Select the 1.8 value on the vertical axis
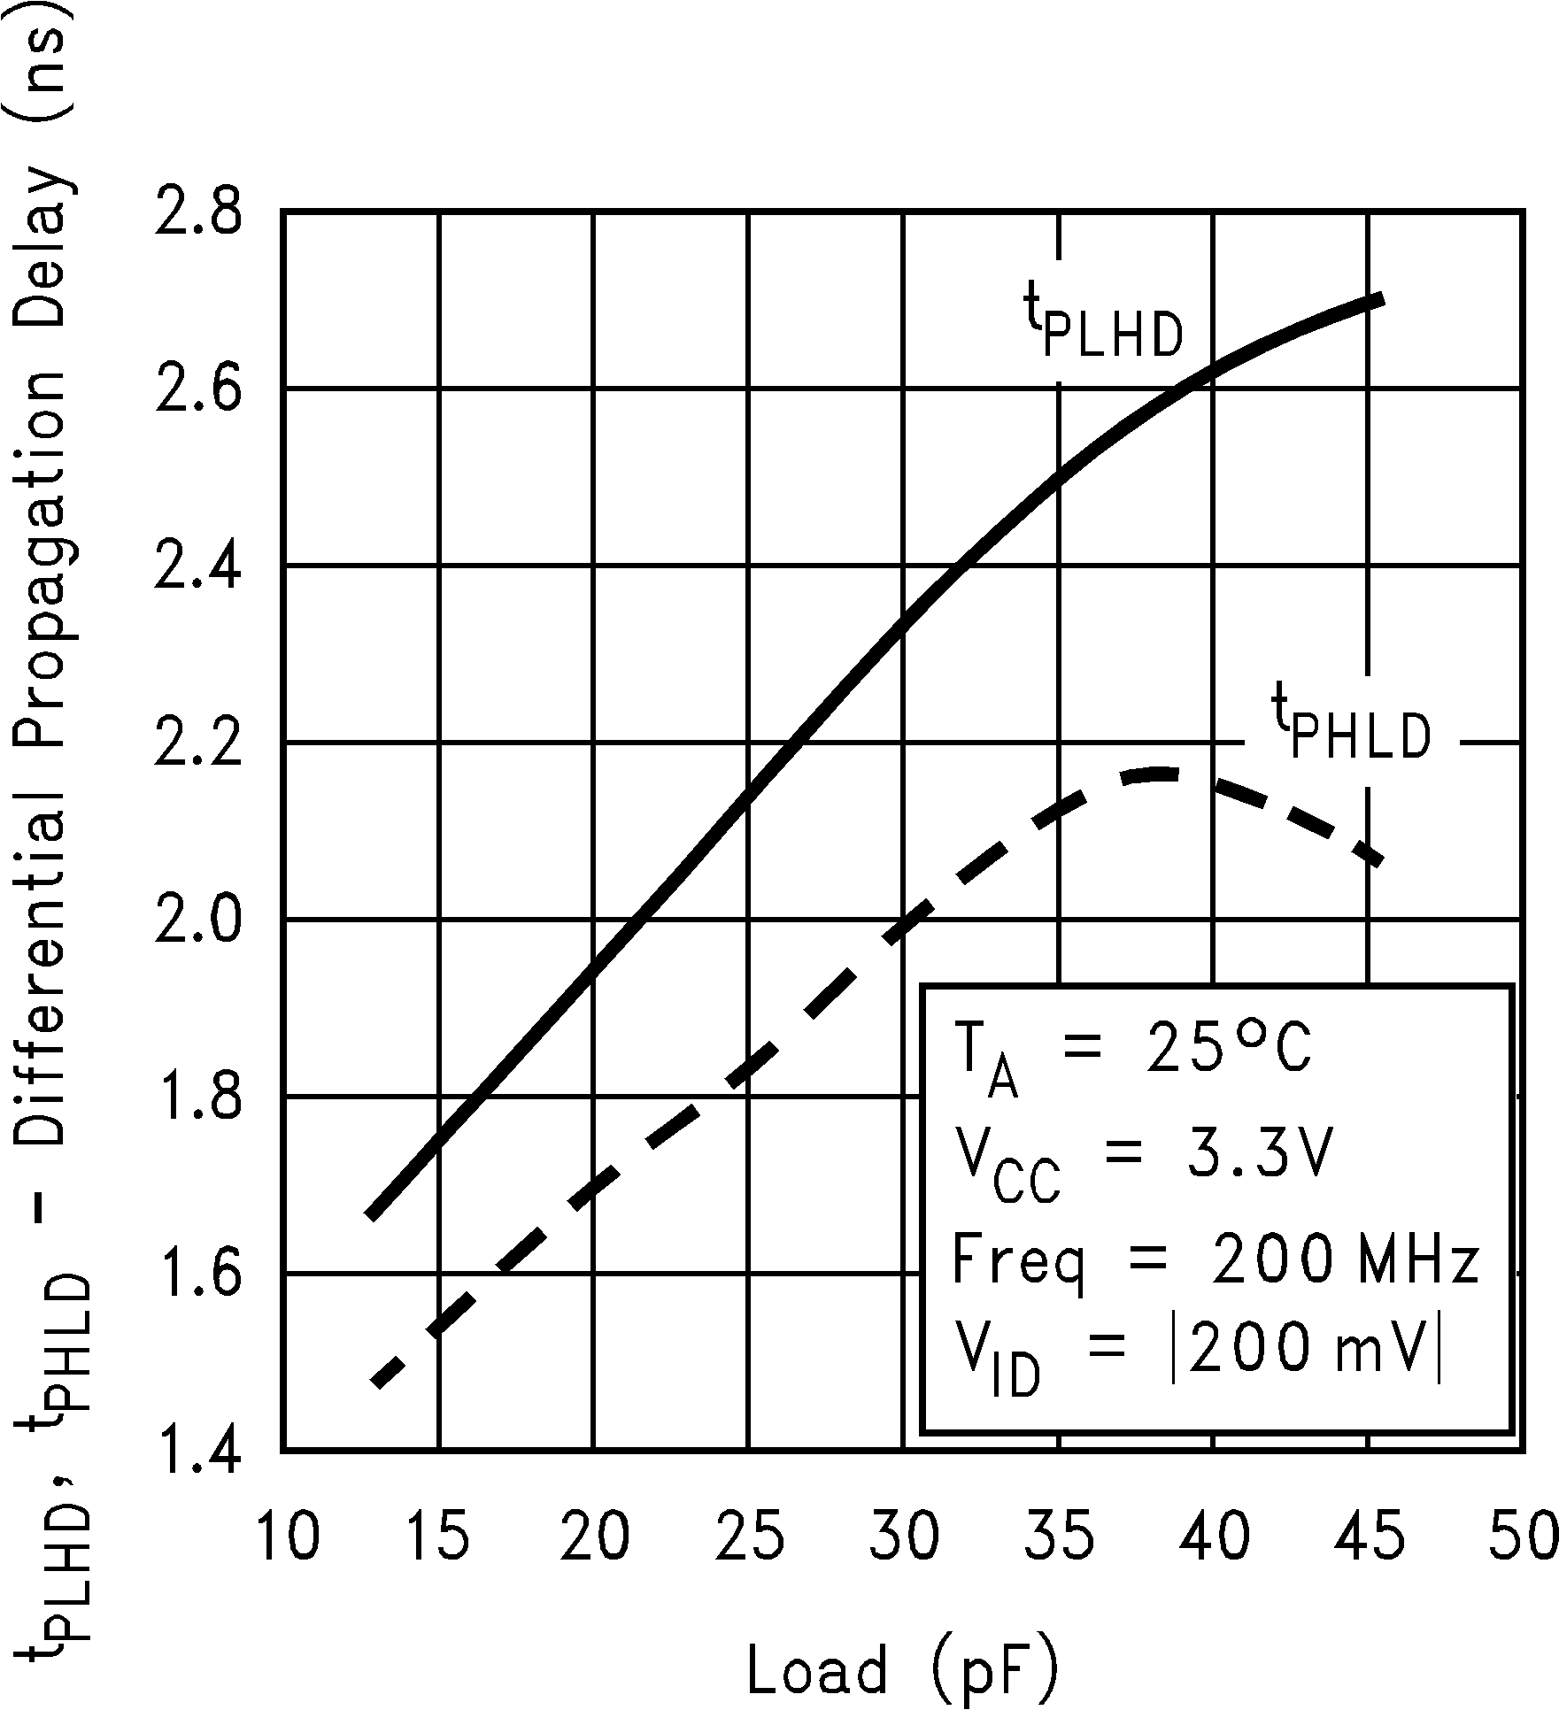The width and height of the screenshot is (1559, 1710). tap(197, 1098)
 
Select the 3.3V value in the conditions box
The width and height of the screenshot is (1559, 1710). tap(1257, 1153)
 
